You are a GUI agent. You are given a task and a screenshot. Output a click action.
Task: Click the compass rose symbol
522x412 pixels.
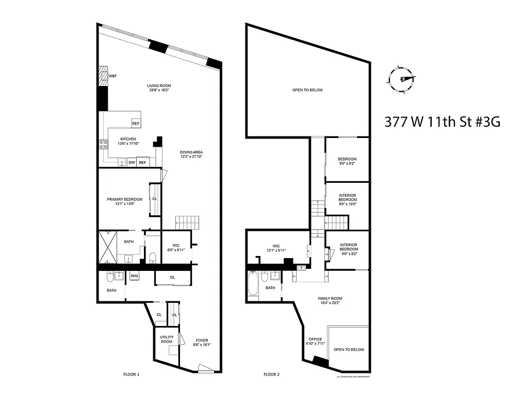point(400,79)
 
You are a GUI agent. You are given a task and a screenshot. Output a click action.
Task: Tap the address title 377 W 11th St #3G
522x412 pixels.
point(443,122)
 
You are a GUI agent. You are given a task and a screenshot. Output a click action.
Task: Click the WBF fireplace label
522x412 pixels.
point(112,76)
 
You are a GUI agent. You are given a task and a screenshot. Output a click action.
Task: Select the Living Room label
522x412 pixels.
point(159,88)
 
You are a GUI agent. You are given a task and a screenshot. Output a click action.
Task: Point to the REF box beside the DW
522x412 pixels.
point(143,163)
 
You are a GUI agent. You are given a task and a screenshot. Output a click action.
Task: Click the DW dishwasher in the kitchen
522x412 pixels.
point(132,163)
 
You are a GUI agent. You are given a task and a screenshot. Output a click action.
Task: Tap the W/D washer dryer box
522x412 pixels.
point(134,276)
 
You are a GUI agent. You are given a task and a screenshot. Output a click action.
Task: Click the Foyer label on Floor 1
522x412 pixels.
point(202,342)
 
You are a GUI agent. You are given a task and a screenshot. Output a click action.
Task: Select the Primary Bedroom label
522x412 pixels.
point(125,201)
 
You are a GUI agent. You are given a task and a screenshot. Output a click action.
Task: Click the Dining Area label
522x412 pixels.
point(191,154)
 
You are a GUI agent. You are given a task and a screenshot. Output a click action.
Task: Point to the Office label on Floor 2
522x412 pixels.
point(315,341)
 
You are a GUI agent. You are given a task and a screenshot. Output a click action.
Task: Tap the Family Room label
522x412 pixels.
point(330,301)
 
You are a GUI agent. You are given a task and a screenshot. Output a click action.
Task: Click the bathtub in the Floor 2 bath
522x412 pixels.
point(253,286)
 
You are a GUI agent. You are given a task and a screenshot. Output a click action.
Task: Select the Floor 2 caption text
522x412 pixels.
point(271,374)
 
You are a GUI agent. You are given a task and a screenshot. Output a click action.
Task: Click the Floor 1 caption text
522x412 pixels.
point(131,374)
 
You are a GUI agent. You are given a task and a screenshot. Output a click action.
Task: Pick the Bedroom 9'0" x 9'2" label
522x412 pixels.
point(347,161)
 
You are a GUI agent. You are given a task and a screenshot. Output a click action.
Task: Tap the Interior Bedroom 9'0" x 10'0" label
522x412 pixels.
point(347,199)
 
